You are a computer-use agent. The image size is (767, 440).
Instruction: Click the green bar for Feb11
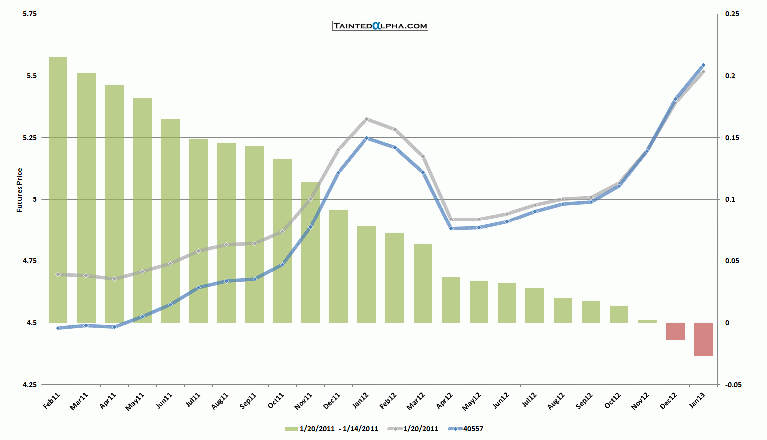pos(58,190)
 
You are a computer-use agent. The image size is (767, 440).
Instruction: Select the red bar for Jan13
pos(703,339)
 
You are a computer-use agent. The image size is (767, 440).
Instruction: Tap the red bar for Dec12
pos(675,331)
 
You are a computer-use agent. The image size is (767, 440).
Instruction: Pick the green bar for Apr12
pos(451,300)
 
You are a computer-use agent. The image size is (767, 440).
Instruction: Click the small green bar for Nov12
pos(647,321)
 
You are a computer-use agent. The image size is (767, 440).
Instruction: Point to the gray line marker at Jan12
pos(366,119)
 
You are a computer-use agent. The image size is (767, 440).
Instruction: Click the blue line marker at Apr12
pos(451,228)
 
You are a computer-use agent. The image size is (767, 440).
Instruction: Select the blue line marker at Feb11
pos(58,328)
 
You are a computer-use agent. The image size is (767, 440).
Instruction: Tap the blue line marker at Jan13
pos(703,65)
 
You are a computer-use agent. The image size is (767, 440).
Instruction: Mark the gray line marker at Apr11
pos(114,279)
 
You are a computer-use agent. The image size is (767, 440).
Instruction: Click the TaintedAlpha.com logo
pos(380,26)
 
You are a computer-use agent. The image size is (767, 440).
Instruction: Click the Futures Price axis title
pos(20,190)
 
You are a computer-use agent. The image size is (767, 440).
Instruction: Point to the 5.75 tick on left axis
pos(30,14)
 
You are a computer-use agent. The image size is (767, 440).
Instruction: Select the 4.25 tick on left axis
pos(30,385)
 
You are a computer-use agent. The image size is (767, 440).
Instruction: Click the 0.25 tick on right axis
pos(732,14)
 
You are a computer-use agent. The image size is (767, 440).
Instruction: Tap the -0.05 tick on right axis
pos(733,385)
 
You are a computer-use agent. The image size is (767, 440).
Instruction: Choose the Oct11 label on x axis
pos(276,401)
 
